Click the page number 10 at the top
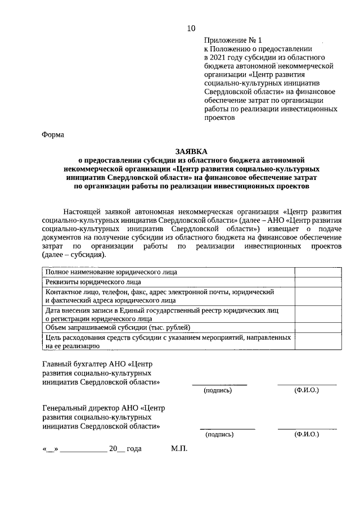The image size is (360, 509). point(191,28)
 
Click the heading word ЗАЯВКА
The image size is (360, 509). point(191,151)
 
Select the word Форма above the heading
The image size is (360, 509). point(53,134)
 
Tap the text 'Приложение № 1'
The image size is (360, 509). point(233,40)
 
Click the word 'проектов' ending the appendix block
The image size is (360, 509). point(219,118)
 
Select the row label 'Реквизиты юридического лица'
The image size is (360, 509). point(93,282)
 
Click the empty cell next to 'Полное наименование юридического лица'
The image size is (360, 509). point(317,272)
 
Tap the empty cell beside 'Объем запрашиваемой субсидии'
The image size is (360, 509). point(317,327)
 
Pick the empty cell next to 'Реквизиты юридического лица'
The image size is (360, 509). point(317,282)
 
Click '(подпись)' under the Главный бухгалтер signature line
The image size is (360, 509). point(218,390)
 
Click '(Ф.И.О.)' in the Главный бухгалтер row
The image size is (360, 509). point(307,390)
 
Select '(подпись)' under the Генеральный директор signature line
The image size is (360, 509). point(220,434)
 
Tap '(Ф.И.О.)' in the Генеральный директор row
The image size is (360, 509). point(307,434)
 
